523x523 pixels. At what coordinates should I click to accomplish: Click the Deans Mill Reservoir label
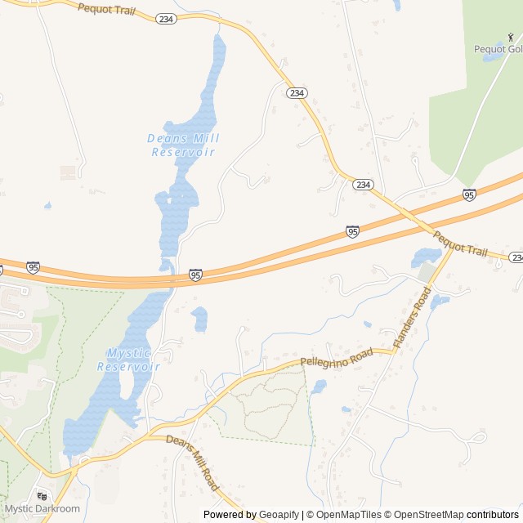tap(183, 145)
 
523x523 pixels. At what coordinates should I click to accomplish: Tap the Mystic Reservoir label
tap(129, 360)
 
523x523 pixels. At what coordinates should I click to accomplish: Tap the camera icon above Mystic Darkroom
tap(42, 496)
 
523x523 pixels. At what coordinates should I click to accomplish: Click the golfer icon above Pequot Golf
tap(511, 37)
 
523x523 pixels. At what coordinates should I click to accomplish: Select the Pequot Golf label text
tap(497, 49)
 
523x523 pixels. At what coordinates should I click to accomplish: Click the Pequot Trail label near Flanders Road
tap(459, 244)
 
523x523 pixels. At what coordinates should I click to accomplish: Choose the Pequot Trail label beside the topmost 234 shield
tap(106, 11)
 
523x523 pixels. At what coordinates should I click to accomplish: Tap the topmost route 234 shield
tap(166, 18)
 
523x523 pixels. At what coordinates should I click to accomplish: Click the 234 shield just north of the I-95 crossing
tap(364, 186)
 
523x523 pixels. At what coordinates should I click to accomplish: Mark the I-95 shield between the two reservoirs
tap(196, 275)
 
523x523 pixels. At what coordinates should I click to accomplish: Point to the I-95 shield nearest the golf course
tap(468, 194)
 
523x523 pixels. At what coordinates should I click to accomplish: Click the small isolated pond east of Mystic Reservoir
tap(199, 319)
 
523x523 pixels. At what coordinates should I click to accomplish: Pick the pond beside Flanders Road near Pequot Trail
tap(426, 257)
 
